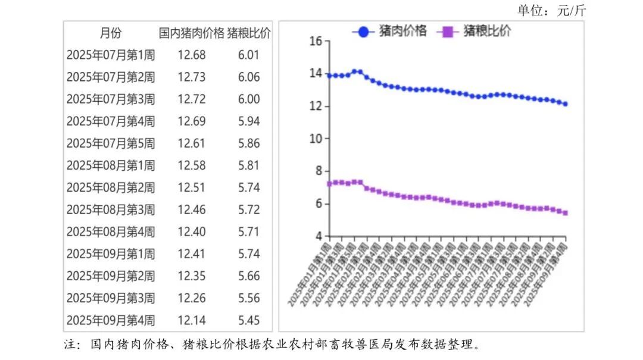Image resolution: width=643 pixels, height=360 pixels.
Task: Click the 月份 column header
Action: pyautogui.click(x=110, y=33)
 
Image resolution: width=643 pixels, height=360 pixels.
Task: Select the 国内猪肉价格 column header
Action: pyautogui.click(x=192, y=33)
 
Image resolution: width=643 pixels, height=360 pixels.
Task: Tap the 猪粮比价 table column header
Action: pyautogui.click(x=249, y=33)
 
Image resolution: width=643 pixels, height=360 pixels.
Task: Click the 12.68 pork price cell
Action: pyautogui.click(x=192, y=55)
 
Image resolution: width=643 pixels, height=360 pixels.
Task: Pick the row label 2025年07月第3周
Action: pyautogui.click(x=111, y=99)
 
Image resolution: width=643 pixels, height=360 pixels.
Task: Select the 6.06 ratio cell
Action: pyautogui.click(x=249, y=77)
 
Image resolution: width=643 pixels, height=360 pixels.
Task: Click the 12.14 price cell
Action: pyautogui.click(x=192, y=321)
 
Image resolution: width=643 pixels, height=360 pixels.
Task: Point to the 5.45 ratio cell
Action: pyautogui.click(x=249, y=321)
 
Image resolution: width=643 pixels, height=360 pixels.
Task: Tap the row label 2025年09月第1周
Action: pyautogui.click(x=111, y=254)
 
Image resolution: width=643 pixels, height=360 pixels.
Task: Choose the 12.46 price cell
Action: pyautogui.click(x=192, y=209)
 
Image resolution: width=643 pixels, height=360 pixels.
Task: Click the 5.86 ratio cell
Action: pyautogui.click(x=249, y=143)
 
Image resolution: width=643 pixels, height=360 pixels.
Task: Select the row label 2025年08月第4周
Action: pyautogui.click(x=111, y=232)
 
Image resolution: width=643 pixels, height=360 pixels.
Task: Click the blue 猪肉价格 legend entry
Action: pyautogui.click(x=391, y=32)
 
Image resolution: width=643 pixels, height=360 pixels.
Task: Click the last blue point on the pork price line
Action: pyautogui.click(x=565, y=104)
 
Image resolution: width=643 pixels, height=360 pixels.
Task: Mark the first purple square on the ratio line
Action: pyautogui.click(x=330, y=184)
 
